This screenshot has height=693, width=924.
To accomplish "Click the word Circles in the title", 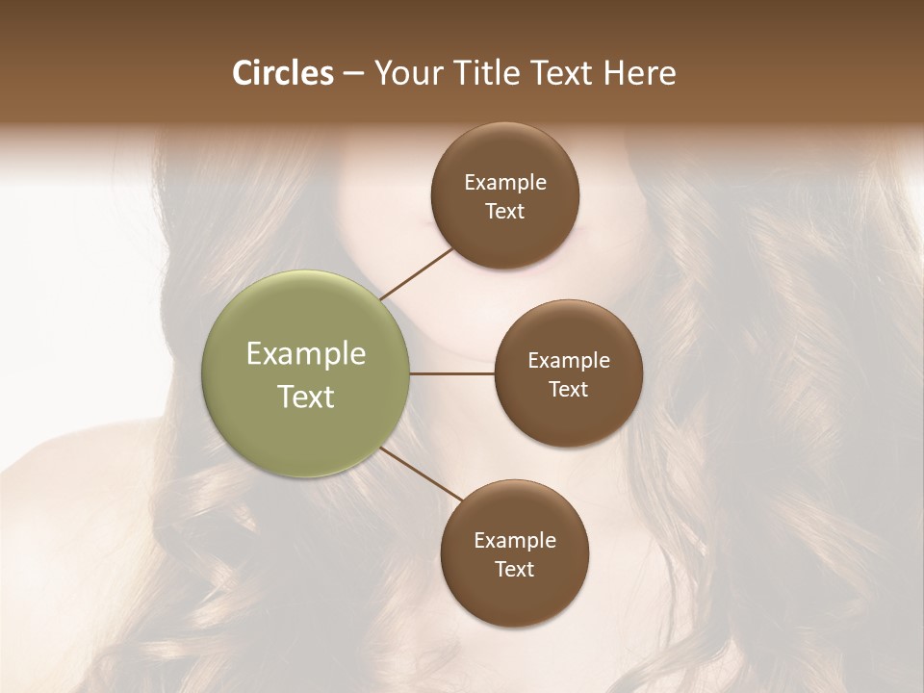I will [x=283, y=73].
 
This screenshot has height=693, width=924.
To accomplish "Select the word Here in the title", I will [x=639, y=73].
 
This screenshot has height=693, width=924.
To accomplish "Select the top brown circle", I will [x=505, y=241].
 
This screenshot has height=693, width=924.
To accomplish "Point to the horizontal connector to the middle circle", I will [x=452, y=373].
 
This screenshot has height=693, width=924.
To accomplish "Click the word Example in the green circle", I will [x=306, y=354].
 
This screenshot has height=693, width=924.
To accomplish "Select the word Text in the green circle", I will [x=306, y=397].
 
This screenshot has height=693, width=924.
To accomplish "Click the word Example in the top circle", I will [x=505, y=182].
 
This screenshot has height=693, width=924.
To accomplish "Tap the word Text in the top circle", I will [x=505, y=211].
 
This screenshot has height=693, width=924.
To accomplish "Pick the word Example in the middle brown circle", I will [x=569, y=360].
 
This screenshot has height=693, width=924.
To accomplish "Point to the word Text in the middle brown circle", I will [x=569, y=389].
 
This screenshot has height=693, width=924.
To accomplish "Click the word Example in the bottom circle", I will [x=515, y=540].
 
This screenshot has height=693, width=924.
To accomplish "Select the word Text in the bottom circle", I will [x=515, y=569].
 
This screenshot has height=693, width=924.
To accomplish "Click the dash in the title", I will [x=353, y=74].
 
